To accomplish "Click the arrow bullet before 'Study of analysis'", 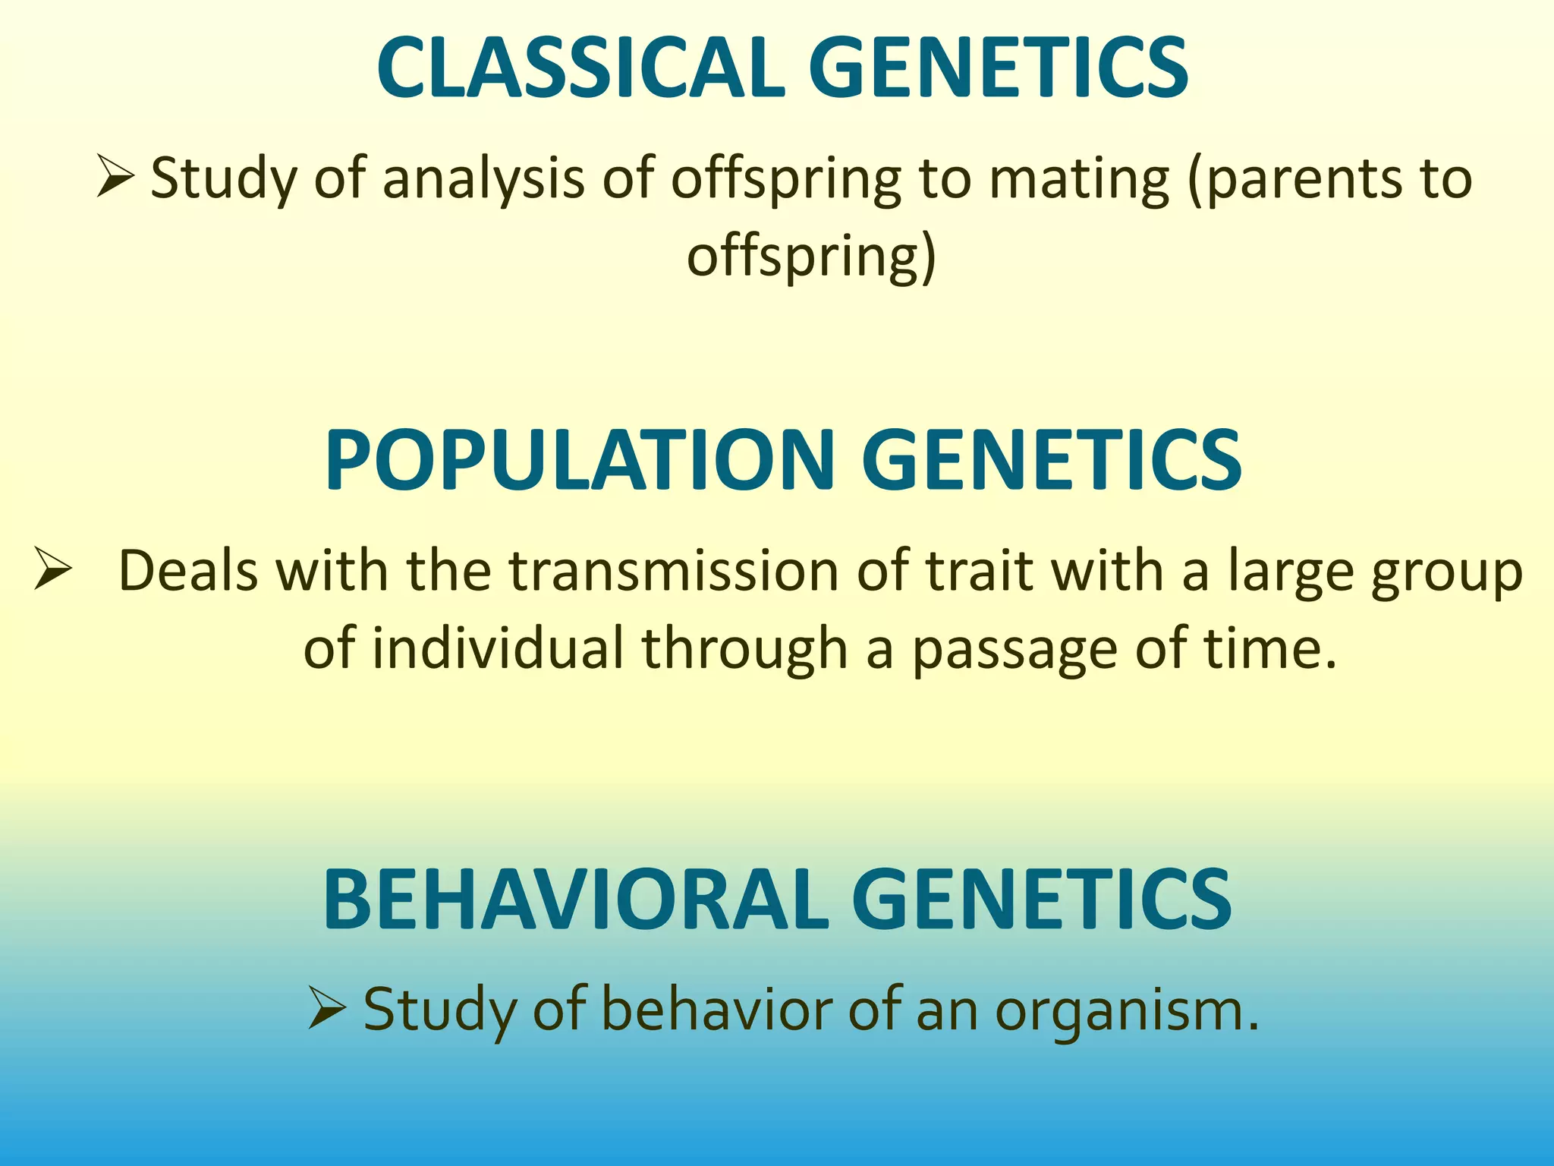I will [x=115, y=176].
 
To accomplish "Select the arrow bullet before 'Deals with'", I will [x=53, y=571].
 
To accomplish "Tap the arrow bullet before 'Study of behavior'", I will [x=327, y=1009].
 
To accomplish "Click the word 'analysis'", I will [x=483, y=179].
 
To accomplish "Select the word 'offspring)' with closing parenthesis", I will [x=812, y=257].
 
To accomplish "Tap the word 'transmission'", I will [x=673, y=571].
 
